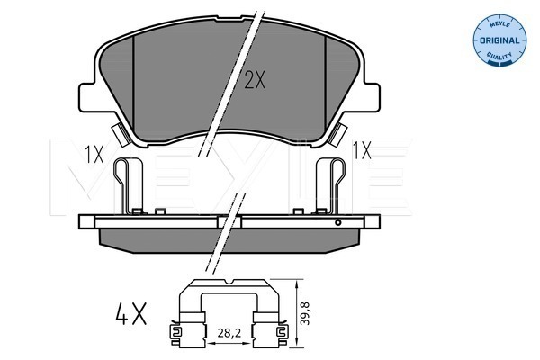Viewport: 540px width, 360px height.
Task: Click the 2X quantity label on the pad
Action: tap(255, 80)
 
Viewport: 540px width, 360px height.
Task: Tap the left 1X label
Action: tap(94, 154)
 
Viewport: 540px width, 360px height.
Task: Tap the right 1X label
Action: tap(362, 150)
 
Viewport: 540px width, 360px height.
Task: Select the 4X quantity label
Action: tap(130, 313)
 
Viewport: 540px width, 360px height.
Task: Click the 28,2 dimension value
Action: tap(229, 333)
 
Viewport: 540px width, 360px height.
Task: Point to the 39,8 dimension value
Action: tap(305, 313)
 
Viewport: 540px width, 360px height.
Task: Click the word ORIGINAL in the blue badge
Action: tap(499, 40)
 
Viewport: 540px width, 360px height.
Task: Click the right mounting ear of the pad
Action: tap(369, 97)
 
